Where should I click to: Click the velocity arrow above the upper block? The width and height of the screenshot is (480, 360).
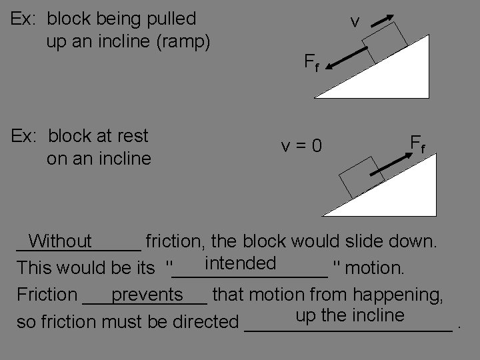[x=379, y=21]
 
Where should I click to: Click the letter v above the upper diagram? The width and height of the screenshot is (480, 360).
[x=355, y=22]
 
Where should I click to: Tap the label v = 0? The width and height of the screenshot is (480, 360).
[x=301, y=144]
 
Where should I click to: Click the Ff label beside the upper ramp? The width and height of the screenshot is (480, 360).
[x=311, y=63]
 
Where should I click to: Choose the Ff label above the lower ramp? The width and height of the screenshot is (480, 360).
[x=418, y=143]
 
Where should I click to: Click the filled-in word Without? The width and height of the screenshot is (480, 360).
[x=61, y=241]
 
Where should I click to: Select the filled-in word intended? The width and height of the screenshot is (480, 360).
[x=241, y=263]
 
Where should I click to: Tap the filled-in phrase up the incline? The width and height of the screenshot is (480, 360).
[x=349, y=315]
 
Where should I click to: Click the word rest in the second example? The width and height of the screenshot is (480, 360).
[x=132, y=136]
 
